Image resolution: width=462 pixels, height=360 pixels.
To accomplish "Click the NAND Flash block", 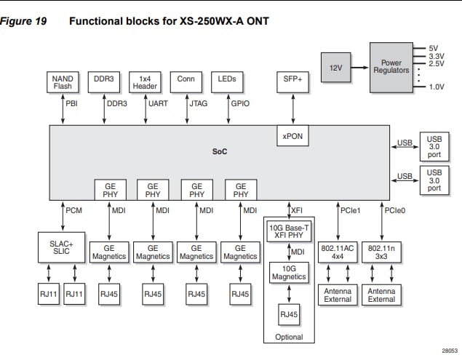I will click(63, 83).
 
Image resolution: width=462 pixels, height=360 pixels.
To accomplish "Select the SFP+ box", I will click(293, 83).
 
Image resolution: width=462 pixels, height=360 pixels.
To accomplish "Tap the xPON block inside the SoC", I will click(293, 135).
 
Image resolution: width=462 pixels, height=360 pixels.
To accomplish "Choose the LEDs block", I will click(227, 83).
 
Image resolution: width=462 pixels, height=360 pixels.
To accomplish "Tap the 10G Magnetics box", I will click(289, 273).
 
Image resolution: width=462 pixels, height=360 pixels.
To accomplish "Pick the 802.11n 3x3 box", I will click(382, 252).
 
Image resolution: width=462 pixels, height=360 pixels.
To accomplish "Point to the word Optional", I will click(289, 337).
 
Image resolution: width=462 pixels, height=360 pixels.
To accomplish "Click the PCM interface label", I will click(74, 210).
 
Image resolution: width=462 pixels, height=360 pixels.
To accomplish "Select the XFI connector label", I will click(297, 210).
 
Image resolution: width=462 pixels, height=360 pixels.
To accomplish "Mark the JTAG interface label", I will click(198, 104).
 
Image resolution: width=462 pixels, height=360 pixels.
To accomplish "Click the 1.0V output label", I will click(437, 87).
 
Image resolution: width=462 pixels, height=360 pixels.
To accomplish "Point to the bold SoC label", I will click(220, 151).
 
